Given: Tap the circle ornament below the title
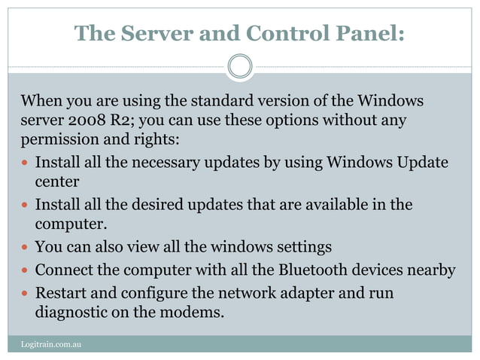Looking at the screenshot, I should (x=240, y=66).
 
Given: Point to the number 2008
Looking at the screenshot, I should (x=84, y=121).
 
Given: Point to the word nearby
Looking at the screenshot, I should (x=430, y=270).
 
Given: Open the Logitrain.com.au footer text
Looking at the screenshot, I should (x=50, y=344).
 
